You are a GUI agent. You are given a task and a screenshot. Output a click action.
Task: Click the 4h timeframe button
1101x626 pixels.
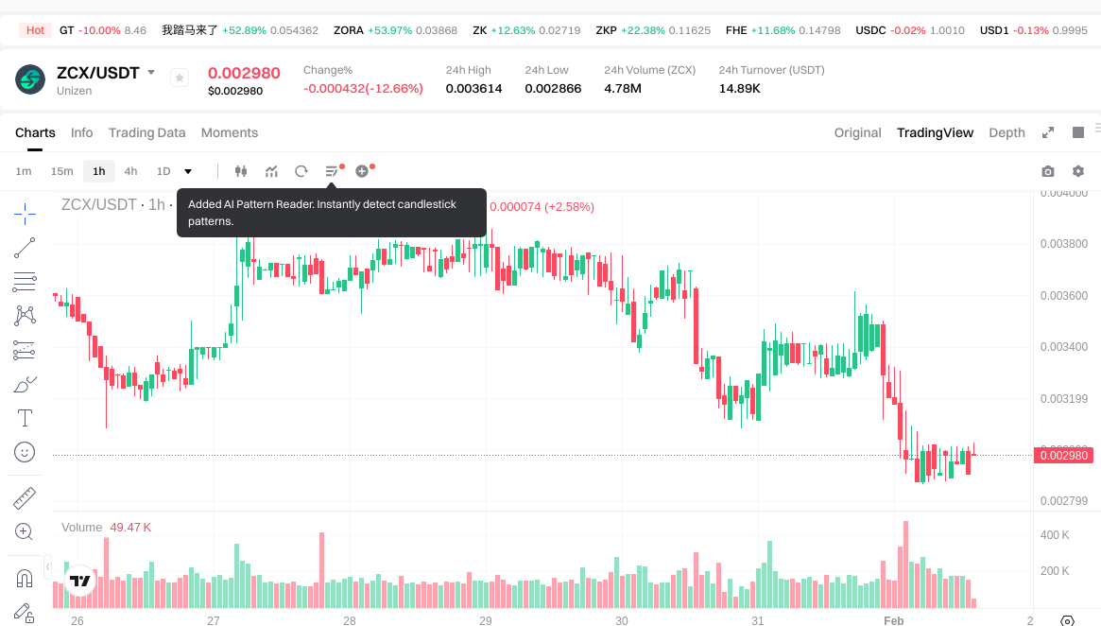click(x=130, y=171)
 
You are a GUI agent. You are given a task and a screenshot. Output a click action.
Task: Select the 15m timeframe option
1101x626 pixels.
click(x=61, y=171)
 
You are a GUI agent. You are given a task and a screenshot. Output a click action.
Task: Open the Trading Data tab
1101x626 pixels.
click(x=146, y=132)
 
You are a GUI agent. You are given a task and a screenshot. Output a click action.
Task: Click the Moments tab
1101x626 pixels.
click(x=230, y=132)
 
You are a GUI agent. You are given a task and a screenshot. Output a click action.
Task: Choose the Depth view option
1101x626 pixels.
click(x=1006, y=132)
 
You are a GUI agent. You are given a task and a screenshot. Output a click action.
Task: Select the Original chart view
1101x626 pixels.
click(x=857, y=132)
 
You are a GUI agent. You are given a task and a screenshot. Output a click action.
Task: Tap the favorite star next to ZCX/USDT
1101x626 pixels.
click(x=180, y=78)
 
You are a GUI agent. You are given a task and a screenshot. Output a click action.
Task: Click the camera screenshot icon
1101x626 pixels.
click(x=1047, y=171)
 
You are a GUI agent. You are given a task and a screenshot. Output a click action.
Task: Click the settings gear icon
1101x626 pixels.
click(x=1077, y=171)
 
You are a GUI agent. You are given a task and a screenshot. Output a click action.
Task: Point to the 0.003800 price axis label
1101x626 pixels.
click(x=1063, y=244)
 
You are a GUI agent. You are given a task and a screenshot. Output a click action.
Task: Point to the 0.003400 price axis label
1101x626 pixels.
click(x=1063, y=347)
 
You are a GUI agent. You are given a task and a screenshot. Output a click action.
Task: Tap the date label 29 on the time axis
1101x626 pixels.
click(x=486, y=621)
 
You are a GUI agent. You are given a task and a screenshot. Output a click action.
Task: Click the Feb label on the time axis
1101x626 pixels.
click(x=893, y=621)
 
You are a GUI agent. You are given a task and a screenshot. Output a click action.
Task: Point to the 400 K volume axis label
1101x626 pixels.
click(x=1055, y=535)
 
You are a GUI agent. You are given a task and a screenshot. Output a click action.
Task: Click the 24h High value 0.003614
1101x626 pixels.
click(x=473, y=89)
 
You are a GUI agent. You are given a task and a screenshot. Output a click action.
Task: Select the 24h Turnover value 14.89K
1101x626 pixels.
click(x=739, y=89)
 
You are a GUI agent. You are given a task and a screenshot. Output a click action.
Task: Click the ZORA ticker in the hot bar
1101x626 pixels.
click(x=348, y=30)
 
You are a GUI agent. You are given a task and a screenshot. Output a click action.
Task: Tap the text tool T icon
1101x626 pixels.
click(x=25, y=418)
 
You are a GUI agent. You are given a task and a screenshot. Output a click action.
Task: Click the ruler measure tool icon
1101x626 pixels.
click(x=25, y=497)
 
